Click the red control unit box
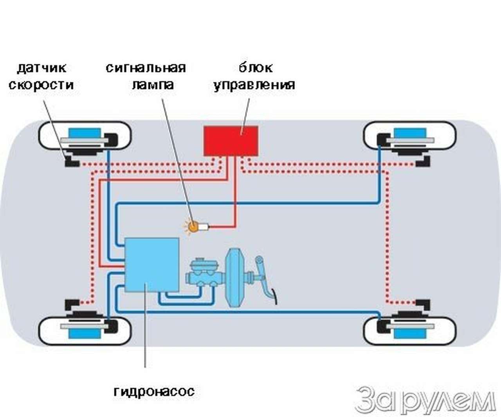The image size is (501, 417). pyautogui.click(x=231, y=140)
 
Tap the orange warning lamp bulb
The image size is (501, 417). pyautogui.click(x=193, y=226)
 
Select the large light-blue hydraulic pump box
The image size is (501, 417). pyautogui.click(x=152, y=265)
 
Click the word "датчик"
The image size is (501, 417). pyautogui.click(x=42, y=68)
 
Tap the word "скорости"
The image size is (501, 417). pyautogui.click(x=41, y=85)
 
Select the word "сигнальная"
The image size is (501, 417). pyautogui.click(x=146, y=68)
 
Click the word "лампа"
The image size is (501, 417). pyautogui.click(x=153, y=85)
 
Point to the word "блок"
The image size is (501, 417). pyautogui.click(x=255, y=68)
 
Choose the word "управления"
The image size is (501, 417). pyautogui.click(x=254, y=85)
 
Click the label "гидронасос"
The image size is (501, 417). pyautogui.click(x=154, y=391)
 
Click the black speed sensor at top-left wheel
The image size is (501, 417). pyautogui.click(x=71, y=162)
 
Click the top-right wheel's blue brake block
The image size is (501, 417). pyautogui.click(x=410, y=133)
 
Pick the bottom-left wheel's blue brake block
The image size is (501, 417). pyautogui.click(x=85, y=333)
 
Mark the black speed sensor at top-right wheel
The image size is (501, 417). pyautogui.click(x=423, y=161)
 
